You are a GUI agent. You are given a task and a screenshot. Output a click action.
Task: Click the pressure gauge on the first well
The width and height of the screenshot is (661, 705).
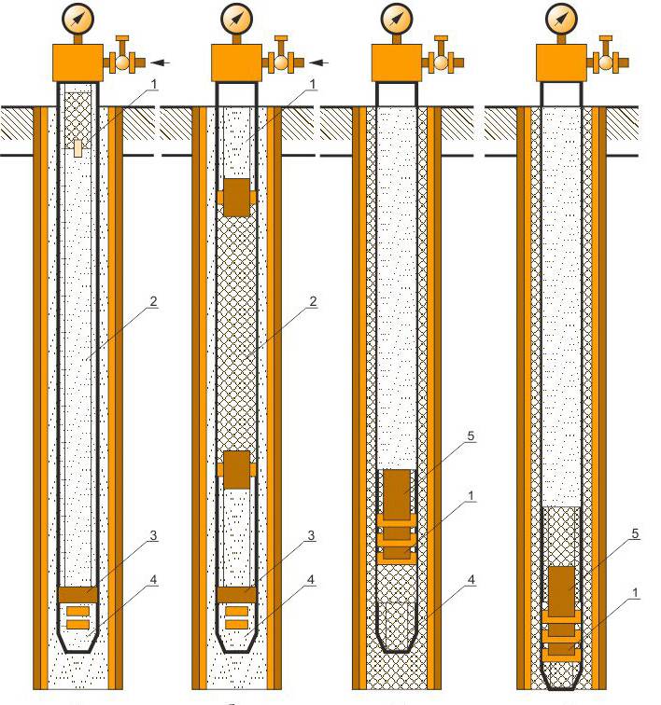point(77,20)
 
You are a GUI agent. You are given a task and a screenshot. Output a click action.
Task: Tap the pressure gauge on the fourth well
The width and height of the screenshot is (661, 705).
point(561,20)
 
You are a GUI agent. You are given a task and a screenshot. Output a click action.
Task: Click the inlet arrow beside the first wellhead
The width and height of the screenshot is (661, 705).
point(160,62)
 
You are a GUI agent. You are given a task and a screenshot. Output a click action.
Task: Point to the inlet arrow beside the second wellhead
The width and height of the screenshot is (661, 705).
point(319,62)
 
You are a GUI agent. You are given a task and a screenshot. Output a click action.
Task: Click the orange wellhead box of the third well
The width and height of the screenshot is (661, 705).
point(396,62)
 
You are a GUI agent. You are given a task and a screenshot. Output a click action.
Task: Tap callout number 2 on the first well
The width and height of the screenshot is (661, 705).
point(153,301)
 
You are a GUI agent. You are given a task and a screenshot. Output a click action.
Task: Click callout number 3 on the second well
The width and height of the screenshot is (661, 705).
point(311,535)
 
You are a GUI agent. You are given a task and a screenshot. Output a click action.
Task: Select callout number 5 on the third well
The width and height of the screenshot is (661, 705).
point(471,435)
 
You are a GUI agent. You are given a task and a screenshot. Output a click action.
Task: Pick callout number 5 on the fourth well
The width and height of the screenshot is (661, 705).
point(636,533)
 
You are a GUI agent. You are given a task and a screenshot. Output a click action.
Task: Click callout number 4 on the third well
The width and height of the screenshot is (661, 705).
point(471,579)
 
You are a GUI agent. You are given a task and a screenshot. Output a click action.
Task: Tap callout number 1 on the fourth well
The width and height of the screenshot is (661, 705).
point(636,593)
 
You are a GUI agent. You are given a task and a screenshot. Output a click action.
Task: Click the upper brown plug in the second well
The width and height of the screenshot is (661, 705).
point(236,198)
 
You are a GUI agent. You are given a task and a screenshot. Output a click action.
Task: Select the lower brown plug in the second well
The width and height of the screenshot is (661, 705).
point(236,470)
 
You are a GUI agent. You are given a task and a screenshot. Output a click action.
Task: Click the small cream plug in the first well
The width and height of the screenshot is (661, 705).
point(77,148)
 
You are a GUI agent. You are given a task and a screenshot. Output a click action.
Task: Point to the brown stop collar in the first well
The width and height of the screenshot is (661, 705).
point(77,594)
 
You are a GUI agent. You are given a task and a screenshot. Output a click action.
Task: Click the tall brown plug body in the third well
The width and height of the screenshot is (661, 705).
point(397,493)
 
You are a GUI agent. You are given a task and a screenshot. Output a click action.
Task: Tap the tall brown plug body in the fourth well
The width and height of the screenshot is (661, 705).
point(561,591)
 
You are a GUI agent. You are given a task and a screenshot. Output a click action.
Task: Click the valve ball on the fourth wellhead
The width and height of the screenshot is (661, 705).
point(606,62)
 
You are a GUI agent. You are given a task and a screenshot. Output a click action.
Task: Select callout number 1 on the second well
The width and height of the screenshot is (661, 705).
point(312,84)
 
